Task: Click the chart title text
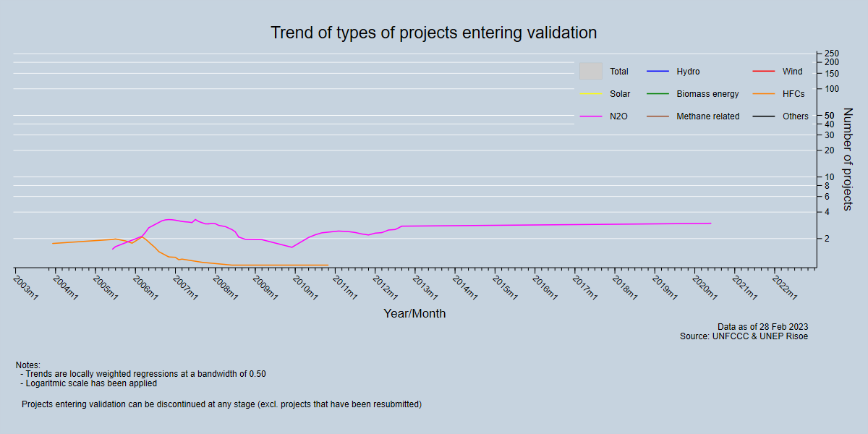point(433,33)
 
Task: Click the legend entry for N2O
point(618,116)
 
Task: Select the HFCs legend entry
point(793,94)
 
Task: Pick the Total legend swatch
point(590,71)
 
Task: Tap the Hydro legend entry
point(688,72)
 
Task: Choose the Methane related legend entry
point(707,116)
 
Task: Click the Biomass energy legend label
point(707,94)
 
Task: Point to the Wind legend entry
point(792,72)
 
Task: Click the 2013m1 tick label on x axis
point(425,286)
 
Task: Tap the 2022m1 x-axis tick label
point(785,286)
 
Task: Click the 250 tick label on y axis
point(831,54)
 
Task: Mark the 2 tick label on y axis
point(827,238)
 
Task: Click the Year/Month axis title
point(414,314)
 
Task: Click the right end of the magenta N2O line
point(710,223)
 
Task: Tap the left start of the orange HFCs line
point(53,243)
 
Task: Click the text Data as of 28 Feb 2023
point(762,327)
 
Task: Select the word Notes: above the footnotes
point(28,365)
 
